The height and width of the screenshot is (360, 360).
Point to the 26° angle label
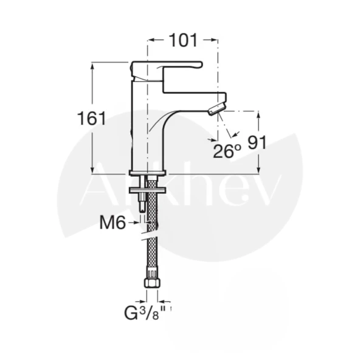226,150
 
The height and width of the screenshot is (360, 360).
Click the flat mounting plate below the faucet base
147,190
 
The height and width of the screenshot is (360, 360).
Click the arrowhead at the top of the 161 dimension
92,64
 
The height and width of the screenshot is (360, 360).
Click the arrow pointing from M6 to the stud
134,223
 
